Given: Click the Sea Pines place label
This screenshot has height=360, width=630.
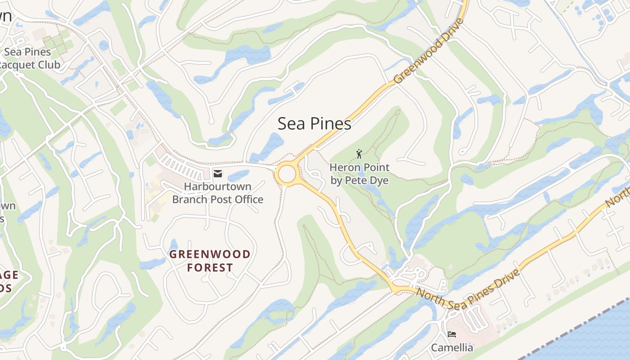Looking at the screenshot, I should pyautogui.click(x=314, y=123).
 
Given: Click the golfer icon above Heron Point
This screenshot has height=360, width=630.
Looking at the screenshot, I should pyautogui.click(x=359, y=154).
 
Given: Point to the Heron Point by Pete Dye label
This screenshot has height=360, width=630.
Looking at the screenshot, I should pyautogui.click(x=359, y=174).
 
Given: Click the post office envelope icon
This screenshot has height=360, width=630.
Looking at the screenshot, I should pyautogui.click(x=218, y=174).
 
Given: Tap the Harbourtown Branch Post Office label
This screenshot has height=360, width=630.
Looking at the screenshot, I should pyautogui.click(x=218, y=193).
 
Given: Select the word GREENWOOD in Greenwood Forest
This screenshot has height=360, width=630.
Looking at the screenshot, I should pyautogui.click(x=210, y=254).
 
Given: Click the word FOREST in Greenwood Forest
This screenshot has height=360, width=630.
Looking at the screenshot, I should pyautogui.click(x=210, y=268).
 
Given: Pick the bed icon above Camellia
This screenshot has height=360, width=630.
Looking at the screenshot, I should pyautogui.click(x=452, y=334).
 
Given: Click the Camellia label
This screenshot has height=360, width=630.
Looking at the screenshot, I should pyautogui.click(x=452, y=347).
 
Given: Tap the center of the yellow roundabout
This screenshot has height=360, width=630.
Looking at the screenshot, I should pyautogui.click(x=287, y=174).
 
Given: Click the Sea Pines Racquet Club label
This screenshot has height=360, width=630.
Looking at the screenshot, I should pyautogui.click(x=28, y=58).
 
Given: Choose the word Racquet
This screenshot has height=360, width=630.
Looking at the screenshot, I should pyautogui.click(x=17, y=65).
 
